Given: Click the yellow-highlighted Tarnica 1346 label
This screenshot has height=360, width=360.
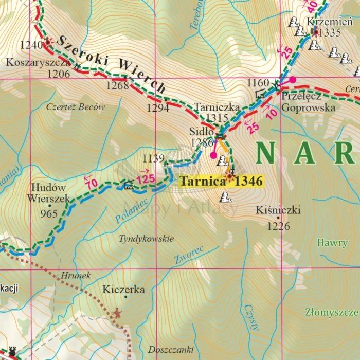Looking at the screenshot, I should pos(221,181).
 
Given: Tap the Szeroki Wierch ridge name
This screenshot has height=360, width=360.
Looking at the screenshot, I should pos(111,65).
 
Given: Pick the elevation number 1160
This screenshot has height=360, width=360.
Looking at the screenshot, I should pos(258,83).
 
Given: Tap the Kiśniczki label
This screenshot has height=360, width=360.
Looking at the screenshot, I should pos(278,210).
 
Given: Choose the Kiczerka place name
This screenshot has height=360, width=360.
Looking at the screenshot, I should pos(123,290).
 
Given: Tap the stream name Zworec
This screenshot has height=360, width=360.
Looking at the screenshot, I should pos(189,255).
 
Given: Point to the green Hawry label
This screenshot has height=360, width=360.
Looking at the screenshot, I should pos(332,243).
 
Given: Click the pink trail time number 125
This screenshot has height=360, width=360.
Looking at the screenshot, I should pos(146,179).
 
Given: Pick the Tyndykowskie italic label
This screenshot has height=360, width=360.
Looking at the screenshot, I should pos(147,239).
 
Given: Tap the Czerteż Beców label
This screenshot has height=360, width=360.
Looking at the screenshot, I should pos(75,107).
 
